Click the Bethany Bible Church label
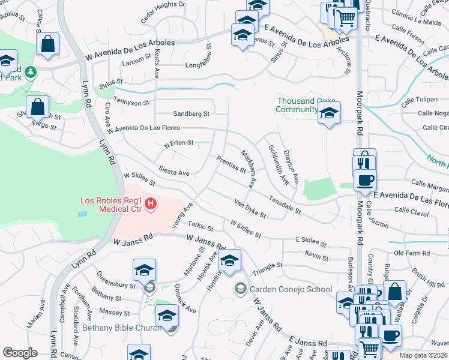122,328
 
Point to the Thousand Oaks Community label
297,105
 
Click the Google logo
20,353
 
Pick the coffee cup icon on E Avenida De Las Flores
365,179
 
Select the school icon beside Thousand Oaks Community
329,112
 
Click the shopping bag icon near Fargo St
38,106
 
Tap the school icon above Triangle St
229,260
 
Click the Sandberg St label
191,113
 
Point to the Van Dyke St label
250,209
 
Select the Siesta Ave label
174,173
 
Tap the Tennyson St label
131,103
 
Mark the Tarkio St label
200,227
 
